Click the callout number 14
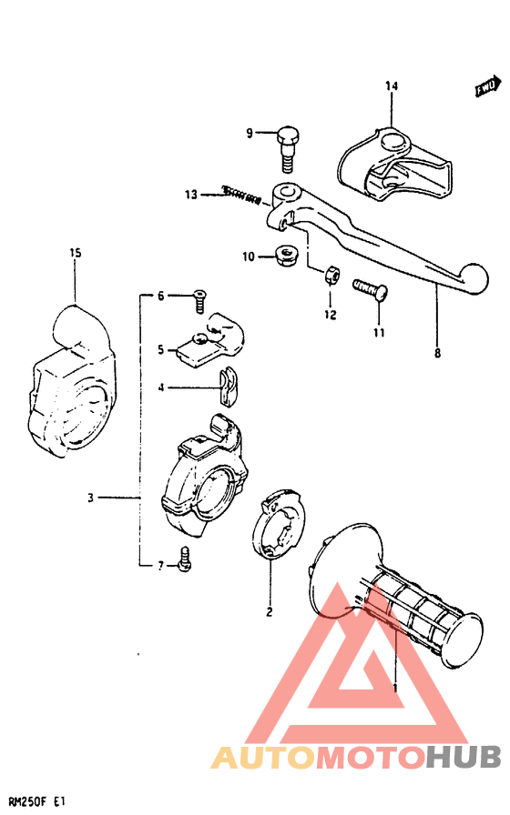tap(392, 86)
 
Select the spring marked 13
tap(242, 194)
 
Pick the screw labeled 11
tap(370, 291)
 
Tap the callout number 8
tap(437, 353)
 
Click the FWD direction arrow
tap(487, 86)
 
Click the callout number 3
tap(90, 498)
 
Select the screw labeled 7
tap(186, 561)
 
